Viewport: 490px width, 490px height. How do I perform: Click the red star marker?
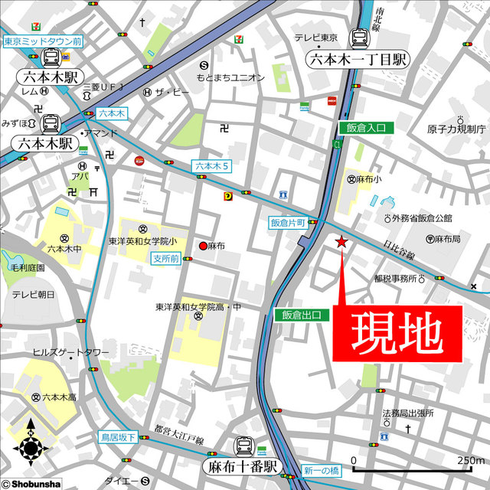pos(341,243)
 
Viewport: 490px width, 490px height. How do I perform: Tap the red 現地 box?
pos(397,333)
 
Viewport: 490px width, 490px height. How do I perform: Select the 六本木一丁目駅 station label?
pos(358,60)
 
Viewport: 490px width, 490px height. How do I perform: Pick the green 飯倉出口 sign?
pos(302,315)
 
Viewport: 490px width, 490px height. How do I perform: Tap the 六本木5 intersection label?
pos(212,165)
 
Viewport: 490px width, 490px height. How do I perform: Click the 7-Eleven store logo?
pos(240,36)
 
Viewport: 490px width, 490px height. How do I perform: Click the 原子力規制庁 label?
pos(457,129)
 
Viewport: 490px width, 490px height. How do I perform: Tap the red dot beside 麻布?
pos(203,246)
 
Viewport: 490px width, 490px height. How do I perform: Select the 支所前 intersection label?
pos(165,259)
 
